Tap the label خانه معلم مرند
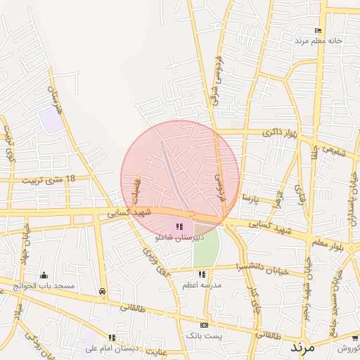pos(318,41)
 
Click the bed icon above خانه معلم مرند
pos(318,30)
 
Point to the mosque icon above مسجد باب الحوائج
pos(45,275)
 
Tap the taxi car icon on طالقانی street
pos(103,291)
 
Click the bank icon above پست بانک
pos(204,326)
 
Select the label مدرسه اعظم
pos(202,285)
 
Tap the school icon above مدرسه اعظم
pos(202,274)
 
